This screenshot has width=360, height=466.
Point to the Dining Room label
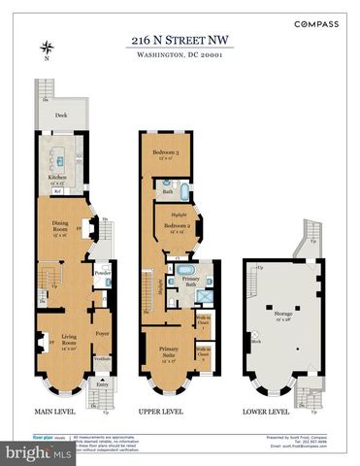[59, 227]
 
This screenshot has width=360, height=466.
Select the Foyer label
[103, 332]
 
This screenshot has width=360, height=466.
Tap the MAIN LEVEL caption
[57, 411]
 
